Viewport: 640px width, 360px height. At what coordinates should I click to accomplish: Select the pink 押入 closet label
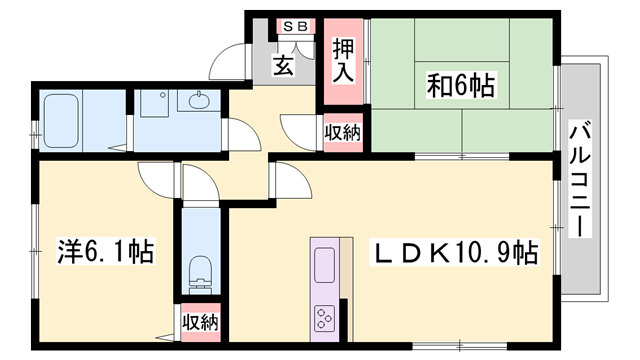[342, 60]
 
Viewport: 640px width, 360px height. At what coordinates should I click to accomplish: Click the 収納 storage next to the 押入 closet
[343, 131]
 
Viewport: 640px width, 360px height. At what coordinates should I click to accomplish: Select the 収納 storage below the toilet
[199, 322]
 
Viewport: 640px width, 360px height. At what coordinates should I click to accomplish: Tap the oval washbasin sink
[196, 101]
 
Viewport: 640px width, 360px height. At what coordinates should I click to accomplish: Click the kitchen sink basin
[327, 266]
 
